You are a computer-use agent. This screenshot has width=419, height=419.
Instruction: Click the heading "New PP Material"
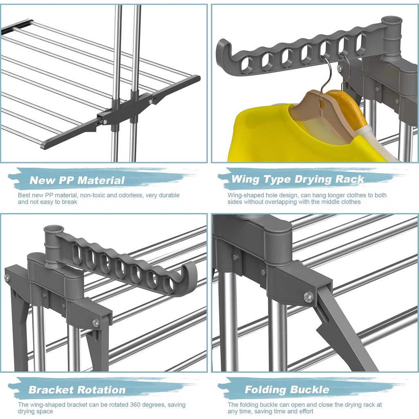point(77,180)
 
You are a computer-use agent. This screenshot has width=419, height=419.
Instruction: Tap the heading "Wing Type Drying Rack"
point(298,179)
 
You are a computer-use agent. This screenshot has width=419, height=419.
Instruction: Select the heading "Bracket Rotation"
point(77,390)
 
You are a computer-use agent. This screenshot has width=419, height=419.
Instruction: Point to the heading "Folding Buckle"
point(287,390)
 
